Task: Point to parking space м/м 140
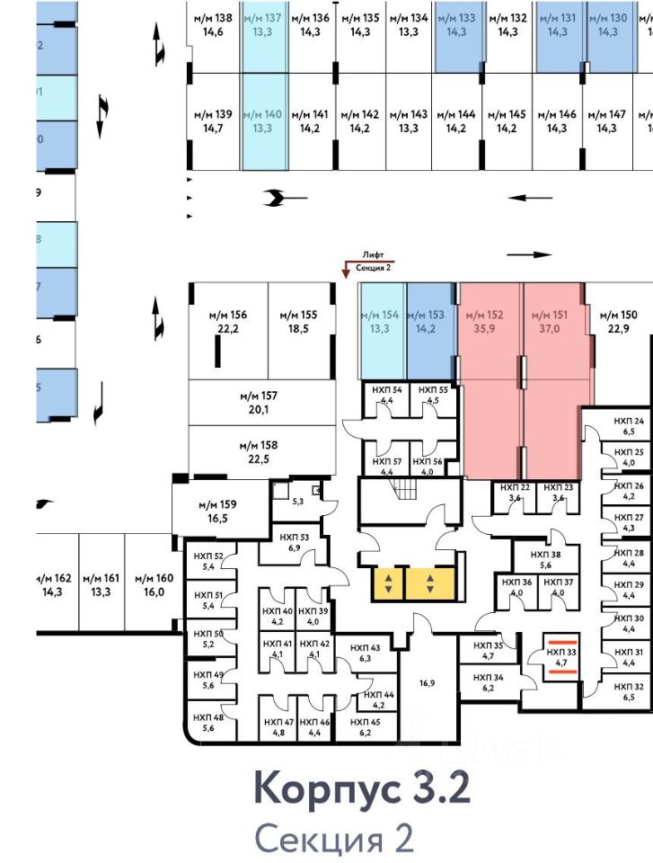263,121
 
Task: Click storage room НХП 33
561,659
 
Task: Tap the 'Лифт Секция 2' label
374,262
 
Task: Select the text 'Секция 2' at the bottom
335,839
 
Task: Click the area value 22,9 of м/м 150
617,328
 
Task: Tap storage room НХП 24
629,426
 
